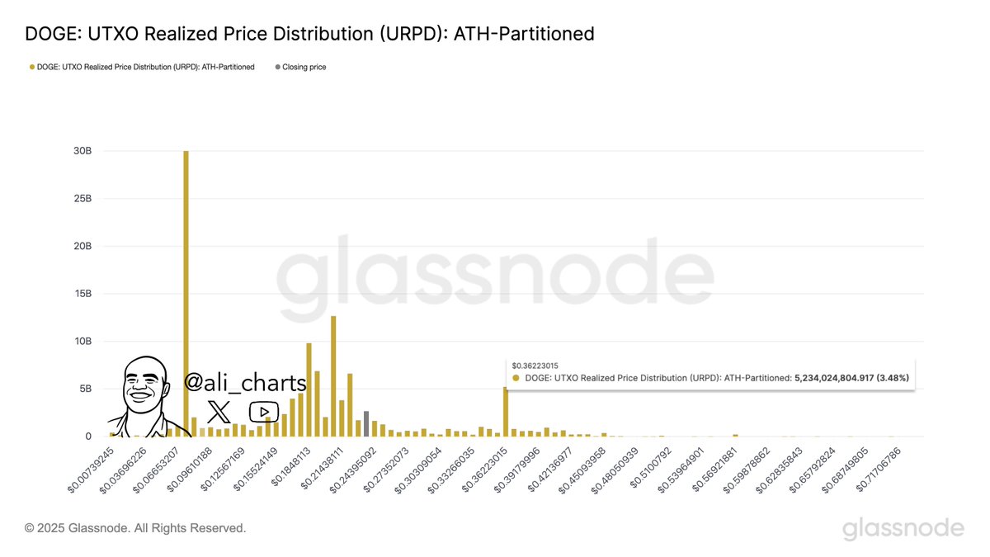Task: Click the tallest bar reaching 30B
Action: point(186,293)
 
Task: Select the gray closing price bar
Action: point(366,423)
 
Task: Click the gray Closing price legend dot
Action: point(277,67)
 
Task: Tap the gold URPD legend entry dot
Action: point(32,67)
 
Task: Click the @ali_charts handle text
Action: point(245,383)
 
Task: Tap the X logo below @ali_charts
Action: point(219,411)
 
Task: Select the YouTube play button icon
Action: point(263,411)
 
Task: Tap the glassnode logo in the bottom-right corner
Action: point(903,528)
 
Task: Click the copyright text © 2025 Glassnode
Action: point(135,528)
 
